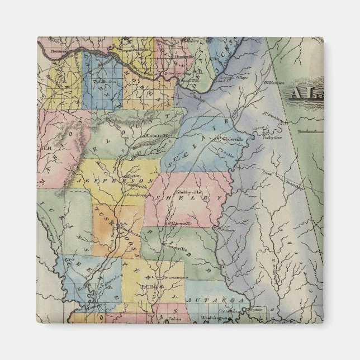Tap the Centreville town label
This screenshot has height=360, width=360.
click(x=175, y=245)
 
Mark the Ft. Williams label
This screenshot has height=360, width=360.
click(x=227, y=229)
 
